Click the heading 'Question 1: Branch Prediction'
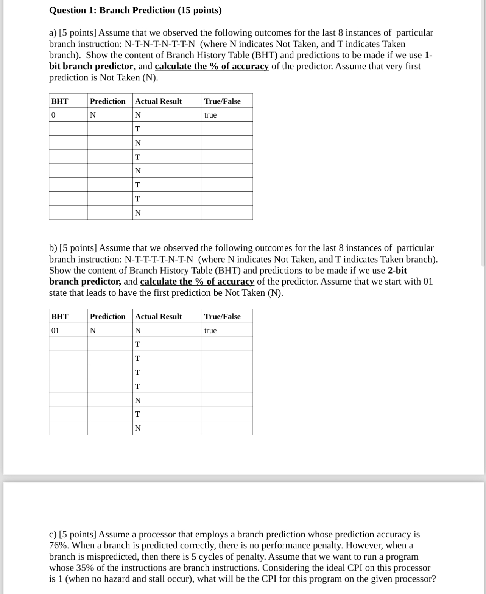click(135, 10)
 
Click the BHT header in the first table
click(60, 101)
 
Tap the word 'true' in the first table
click(210, 115)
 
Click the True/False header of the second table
click(222, 316)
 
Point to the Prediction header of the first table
click(107, 101)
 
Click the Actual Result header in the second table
click(158, 316)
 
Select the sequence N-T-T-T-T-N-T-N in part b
click(159, 259)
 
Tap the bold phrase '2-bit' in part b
click(397, 270)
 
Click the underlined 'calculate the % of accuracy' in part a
click(212, 66)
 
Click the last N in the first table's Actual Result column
click(138, 213)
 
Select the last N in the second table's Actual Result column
click(138, 428)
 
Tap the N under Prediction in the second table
click(93, 331)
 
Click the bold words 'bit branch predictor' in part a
click(91, 66)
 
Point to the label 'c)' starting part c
click(53, 534)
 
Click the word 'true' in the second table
click(210, 331)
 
